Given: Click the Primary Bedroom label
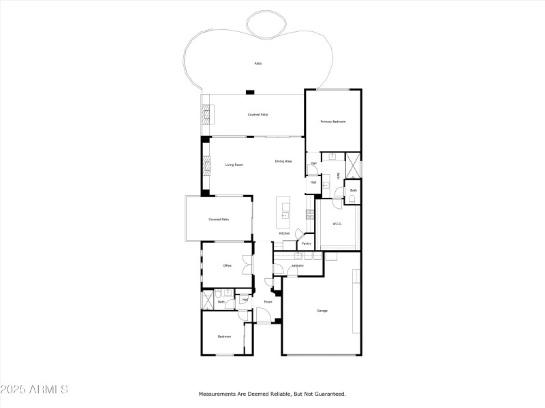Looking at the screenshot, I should click(334, 122).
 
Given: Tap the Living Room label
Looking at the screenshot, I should click(234, 165).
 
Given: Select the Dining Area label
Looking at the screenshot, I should click(283, 161).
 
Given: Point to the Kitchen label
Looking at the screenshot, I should click(284, 233).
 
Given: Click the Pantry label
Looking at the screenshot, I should click(307, 243).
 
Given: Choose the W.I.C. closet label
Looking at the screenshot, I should click(337, 224).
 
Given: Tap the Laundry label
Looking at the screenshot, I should click(298, 265).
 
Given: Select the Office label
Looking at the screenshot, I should click(228, 265).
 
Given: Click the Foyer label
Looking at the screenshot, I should click(268, 301).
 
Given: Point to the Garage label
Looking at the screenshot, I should click(322, 311).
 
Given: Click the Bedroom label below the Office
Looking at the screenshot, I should click(224, 337).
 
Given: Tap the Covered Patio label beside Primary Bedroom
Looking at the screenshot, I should click(258, 114).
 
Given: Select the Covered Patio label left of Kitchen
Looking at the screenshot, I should click(219, 220).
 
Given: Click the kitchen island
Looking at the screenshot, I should click(283, 211).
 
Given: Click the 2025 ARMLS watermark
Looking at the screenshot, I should click(34, 390).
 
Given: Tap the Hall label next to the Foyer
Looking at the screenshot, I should click(245, 299).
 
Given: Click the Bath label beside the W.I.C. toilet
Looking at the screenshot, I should click(354, 190).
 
